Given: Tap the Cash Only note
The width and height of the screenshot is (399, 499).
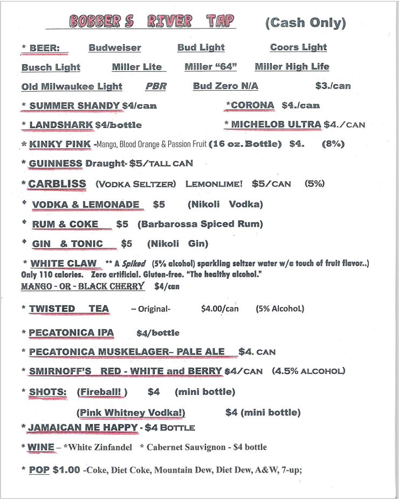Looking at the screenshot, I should coord(305,23).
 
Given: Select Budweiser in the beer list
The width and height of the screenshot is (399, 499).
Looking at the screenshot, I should coord(115,47).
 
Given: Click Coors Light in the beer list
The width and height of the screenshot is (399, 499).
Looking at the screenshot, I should coord(298,47).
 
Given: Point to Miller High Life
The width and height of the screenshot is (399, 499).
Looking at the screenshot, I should coord(292,67).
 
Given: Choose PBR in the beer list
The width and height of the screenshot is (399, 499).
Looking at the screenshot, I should coord(156,86).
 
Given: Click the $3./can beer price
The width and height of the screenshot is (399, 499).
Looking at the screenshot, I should coord(333,86).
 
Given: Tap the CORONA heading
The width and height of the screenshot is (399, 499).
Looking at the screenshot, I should coord(251,105).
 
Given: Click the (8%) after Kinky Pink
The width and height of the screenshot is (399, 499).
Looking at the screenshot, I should coord(333,144).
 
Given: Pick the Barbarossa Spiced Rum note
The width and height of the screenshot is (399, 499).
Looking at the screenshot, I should coord(200,224).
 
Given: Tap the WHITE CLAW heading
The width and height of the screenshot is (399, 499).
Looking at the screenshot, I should coord(63,264).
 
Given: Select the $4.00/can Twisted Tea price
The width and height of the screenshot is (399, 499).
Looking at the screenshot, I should coord(219,309).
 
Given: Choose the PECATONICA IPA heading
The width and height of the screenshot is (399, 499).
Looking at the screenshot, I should coord(71,333).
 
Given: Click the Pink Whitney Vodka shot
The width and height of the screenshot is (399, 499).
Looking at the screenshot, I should coord(132,413).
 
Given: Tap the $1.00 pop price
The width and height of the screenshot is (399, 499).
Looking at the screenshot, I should coord(66,469).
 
